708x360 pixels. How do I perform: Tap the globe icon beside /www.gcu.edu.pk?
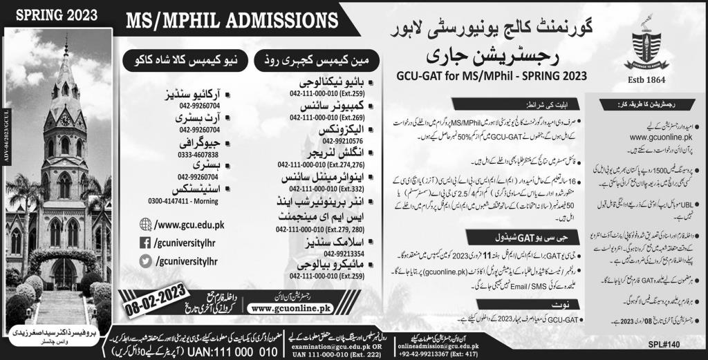point(145,224)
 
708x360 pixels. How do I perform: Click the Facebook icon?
point(145,243)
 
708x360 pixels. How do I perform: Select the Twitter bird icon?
point(145,261)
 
